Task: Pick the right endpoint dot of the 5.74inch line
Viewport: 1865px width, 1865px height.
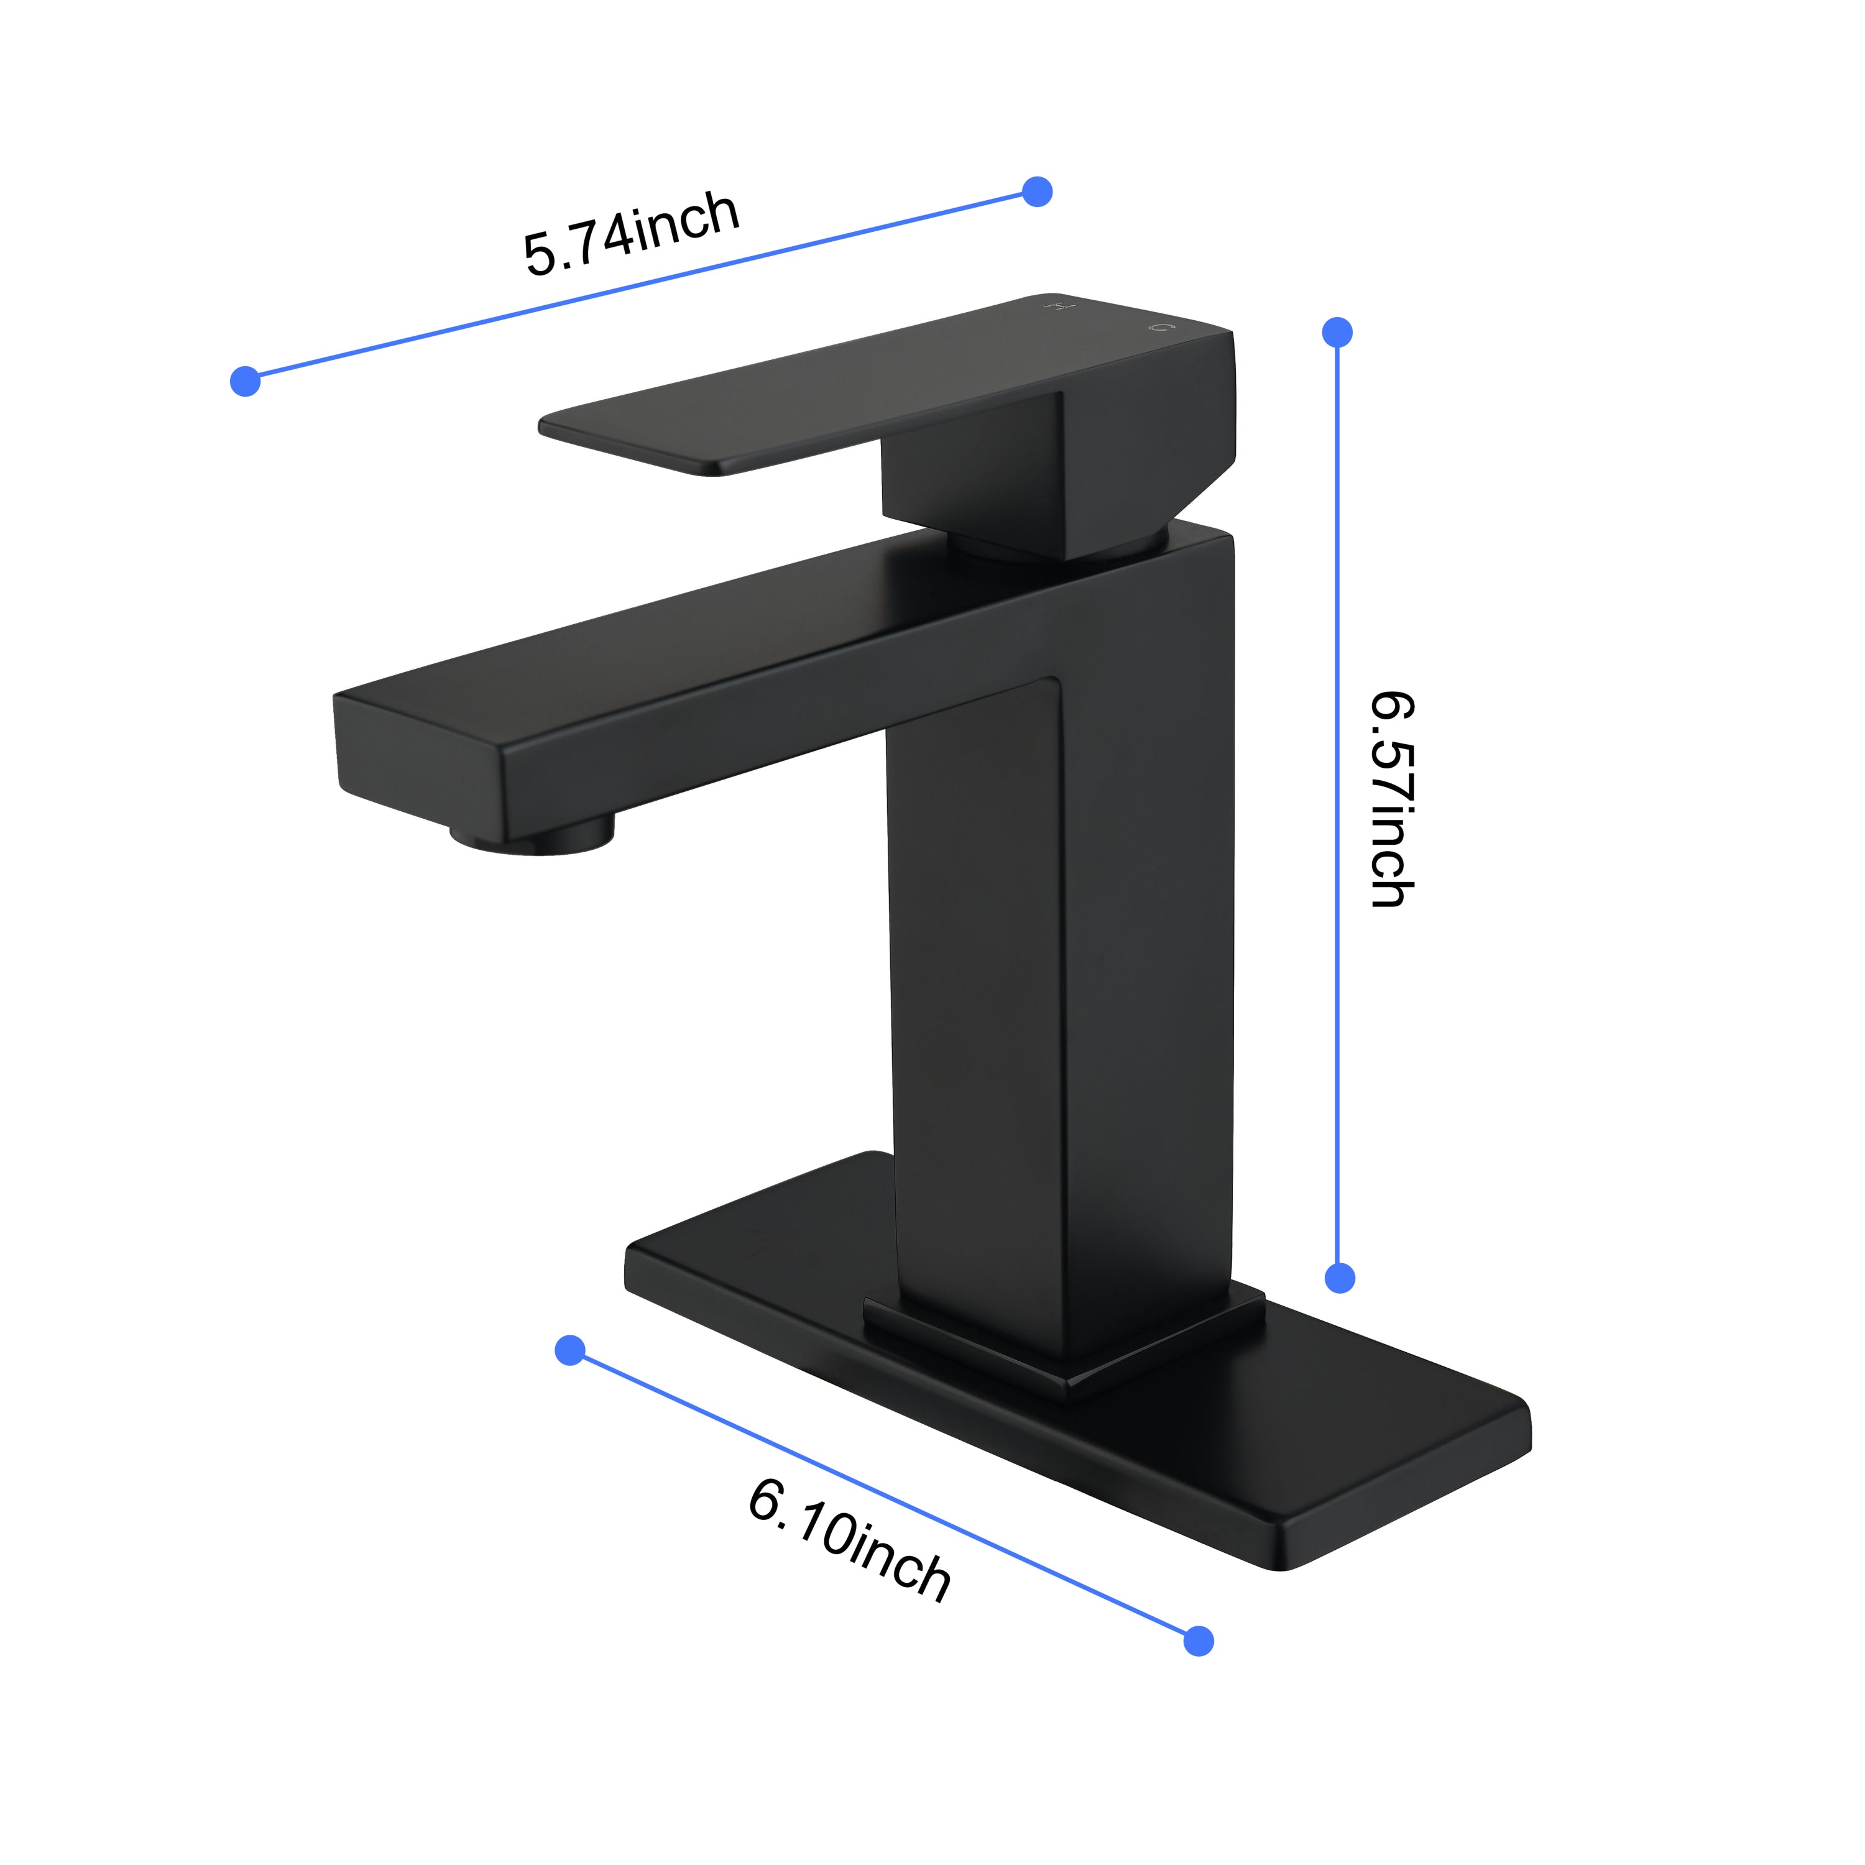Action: coord(1037,191)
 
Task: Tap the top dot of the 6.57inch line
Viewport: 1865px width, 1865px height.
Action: coord(1337,332)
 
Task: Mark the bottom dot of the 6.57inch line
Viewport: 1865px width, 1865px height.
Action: coord(1340,1278)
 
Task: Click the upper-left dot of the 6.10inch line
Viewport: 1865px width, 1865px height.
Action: coord(571,1350)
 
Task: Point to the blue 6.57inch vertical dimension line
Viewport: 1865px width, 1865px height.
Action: coord(1338,805)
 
